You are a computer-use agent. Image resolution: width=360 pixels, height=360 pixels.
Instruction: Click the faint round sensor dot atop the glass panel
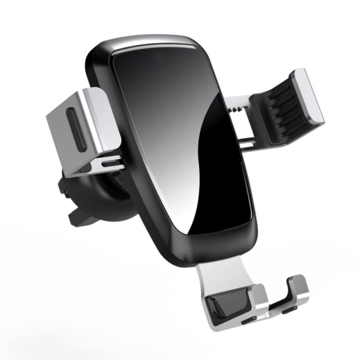point(158,57)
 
